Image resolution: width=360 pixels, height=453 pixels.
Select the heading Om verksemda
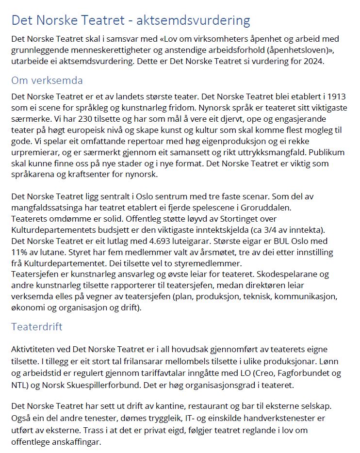[47, 81]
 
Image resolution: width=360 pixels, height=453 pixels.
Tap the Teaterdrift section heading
[37, 326]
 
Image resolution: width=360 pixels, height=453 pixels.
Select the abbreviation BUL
[272, 241]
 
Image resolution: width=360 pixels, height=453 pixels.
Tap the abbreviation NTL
[19, 385]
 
